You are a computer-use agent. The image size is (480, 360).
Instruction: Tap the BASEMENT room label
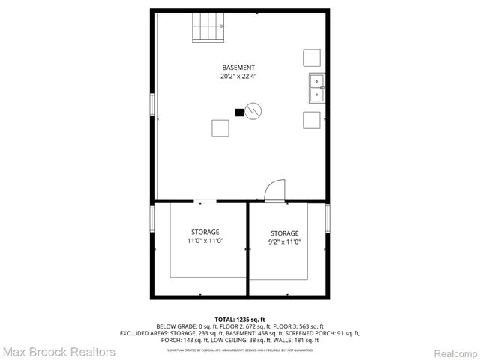coord(238,67)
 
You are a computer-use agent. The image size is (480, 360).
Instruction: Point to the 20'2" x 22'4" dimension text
coord(238,76)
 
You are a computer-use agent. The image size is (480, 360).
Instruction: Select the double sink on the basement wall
coord(316,87)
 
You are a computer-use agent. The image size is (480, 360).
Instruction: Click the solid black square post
coord(240,113)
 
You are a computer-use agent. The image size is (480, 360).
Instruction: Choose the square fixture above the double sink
coord(312,58)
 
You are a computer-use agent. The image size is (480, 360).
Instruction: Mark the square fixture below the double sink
coord(312,119)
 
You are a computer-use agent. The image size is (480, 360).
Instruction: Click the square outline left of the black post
coord(220,128)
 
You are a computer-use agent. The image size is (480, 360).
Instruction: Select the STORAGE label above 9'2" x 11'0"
coord(285,232)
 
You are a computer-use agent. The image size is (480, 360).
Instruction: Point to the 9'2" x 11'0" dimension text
coord(285,241)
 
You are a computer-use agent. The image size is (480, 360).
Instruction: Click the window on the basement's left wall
coord(152,104)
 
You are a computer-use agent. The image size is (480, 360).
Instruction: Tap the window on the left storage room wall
coord(152,218)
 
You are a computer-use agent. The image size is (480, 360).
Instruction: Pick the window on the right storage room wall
coord(328,218)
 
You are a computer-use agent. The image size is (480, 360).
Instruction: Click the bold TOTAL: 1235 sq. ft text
coord(239,319)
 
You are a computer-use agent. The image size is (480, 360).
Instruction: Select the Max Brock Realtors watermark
coord(58,351)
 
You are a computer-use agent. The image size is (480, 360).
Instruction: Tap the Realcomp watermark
coord(453,352)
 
